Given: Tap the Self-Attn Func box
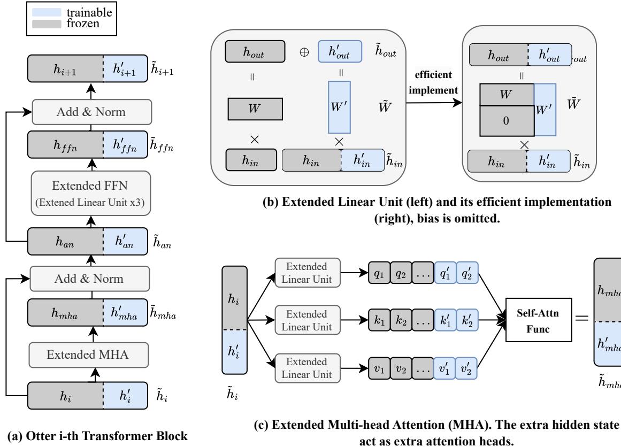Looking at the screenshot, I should tap(535, 319).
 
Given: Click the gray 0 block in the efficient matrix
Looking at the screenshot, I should tap(506, 121).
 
